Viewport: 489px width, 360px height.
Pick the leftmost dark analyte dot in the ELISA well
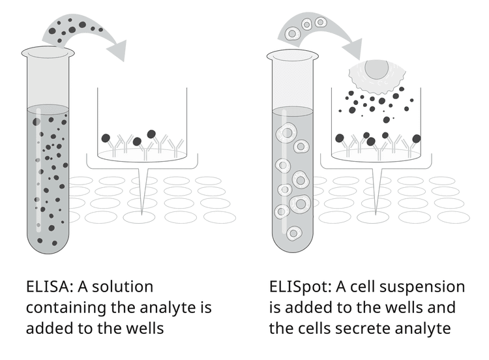(x=106, y=138)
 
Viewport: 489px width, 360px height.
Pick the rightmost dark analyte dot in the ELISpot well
(x=417, y=138)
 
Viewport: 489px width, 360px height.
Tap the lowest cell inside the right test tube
(x=294, y=232)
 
